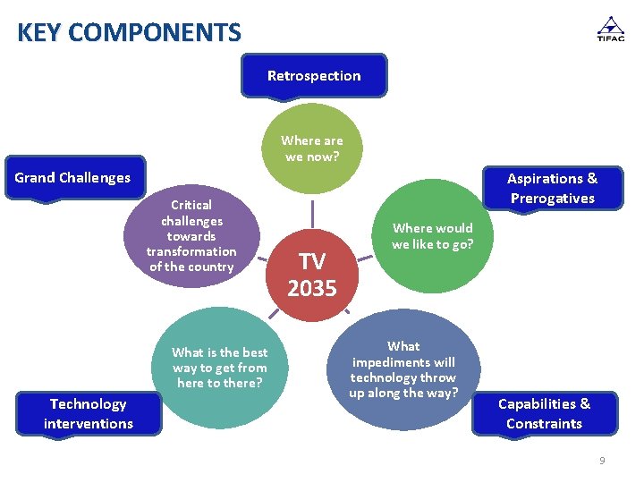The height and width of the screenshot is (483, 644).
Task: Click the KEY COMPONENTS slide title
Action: (129, 33)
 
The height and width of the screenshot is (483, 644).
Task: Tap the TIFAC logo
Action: (610, 29)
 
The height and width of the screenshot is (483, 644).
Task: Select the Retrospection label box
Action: (314, 76)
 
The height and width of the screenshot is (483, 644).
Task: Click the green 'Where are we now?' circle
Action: (312, 148)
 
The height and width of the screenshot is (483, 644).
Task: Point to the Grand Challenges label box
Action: (72, 178)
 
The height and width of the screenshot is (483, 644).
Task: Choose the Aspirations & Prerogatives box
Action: (552, 188)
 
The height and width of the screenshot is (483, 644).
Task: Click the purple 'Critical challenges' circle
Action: (191, 237)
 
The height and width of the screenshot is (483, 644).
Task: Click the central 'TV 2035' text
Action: (312, 275)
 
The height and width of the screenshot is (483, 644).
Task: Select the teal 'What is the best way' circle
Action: (219, 367)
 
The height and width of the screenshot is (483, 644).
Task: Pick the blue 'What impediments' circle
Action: (403, 369)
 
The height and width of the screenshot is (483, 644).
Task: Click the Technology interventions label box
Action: (89, 414)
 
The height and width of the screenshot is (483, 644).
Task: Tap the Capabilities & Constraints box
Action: (544, 414)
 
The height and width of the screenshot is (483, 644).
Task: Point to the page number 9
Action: (602, 461)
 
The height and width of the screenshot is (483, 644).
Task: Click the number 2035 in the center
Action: (312, 289)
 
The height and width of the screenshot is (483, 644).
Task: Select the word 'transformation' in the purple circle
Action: (191, 251)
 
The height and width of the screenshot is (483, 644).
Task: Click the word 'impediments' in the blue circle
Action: (403, 362)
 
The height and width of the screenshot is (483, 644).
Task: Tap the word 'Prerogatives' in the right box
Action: (552, 199)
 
